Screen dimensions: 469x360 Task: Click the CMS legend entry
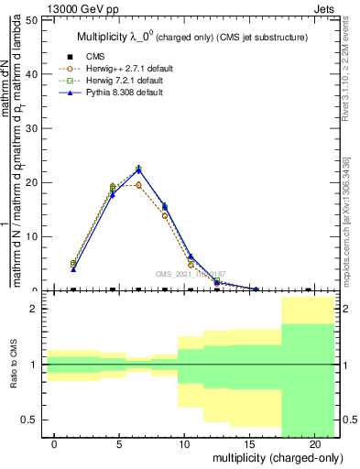click(x=95, y=57)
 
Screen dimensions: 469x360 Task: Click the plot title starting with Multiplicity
click(x=190, y=38)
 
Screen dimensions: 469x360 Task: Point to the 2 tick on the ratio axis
click(x=35, y=310)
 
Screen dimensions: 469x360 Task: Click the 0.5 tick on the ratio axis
click(x=31, y=420)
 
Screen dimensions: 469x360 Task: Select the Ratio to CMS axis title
click(x=14, y=365)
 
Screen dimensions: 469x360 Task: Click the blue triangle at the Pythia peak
click(x=138, y=169)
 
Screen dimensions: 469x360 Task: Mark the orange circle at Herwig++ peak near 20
click(x=138, y=185)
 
